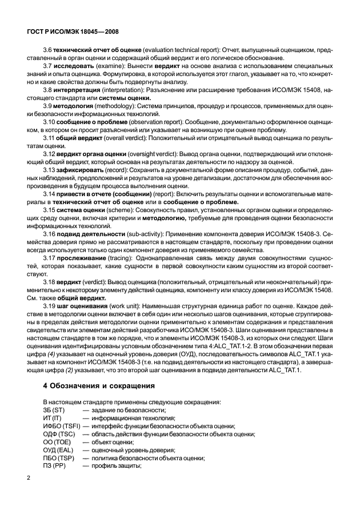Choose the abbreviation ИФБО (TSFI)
(62, 426)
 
